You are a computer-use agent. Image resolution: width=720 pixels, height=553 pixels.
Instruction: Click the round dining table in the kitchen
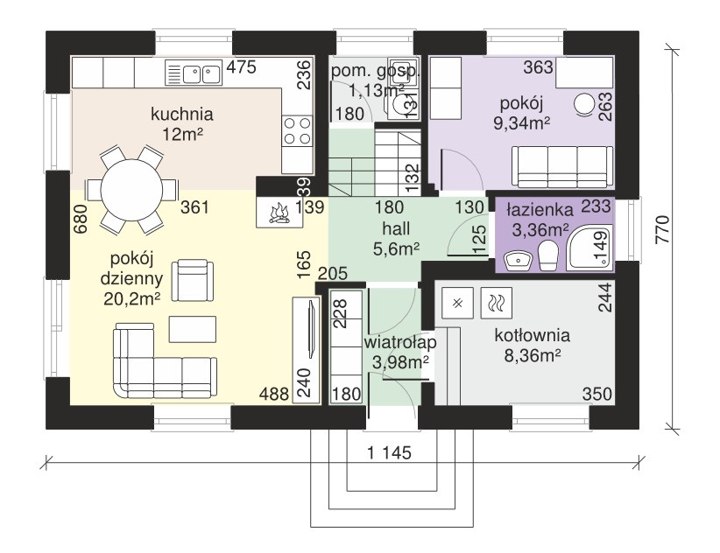(129, 190)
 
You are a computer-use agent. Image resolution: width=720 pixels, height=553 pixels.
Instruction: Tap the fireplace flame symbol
(279, 213)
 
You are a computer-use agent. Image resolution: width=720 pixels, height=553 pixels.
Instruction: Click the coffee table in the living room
(193, 328)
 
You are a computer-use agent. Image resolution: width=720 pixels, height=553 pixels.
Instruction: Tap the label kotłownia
(532, 334)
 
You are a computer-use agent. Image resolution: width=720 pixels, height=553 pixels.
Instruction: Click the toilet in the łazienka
(549, 256)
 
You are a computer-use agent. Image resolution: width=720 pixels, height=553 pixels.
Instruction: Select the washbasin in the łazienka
(516, 259)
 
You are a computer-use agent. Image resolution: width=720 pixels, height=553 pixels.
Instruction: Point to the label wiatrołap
(399, 342)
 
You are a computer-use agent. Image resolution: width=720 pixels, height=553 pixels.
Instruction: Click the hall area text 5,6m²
(395, 248)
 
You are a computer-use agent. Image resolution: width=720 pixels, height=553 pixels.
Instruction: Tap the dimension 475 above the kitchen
(241, 66)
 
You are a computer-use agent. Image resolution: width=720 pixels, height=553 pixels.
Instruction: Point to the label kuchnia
(182, 114)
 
